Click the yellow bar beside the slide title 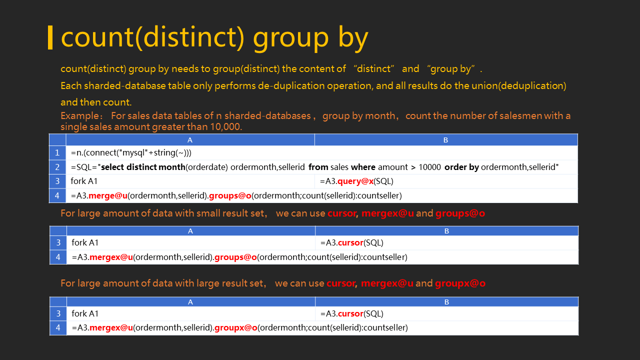pos(50,37)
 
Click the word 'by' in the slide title pos(353,38)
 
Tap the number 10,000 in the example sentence pos(225,126)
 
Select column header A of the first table pos(190,140)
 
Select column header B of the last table pos(446,302)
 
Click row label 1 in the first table pos(57,153)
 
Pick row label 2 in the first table pos(57,167)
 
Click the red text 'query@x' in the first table pos(355,181)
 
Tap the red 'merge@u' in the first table pos(108,195)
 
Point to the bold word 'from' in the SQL pos(318,167)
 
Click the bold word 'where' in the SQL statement pos(363,167)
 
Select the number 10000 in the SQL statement pos(429,167)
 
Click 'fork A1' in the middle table pos(85,242)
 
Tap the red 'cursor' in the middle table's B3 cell pos(350,243)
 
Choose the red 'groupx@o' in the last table pos(235,327)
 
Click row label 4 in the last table pos(58,327)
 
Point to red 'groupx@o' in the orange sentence pos(460,283)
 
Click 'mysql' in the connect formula pos(133,153)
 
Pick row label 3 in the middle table pos(58,242)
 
